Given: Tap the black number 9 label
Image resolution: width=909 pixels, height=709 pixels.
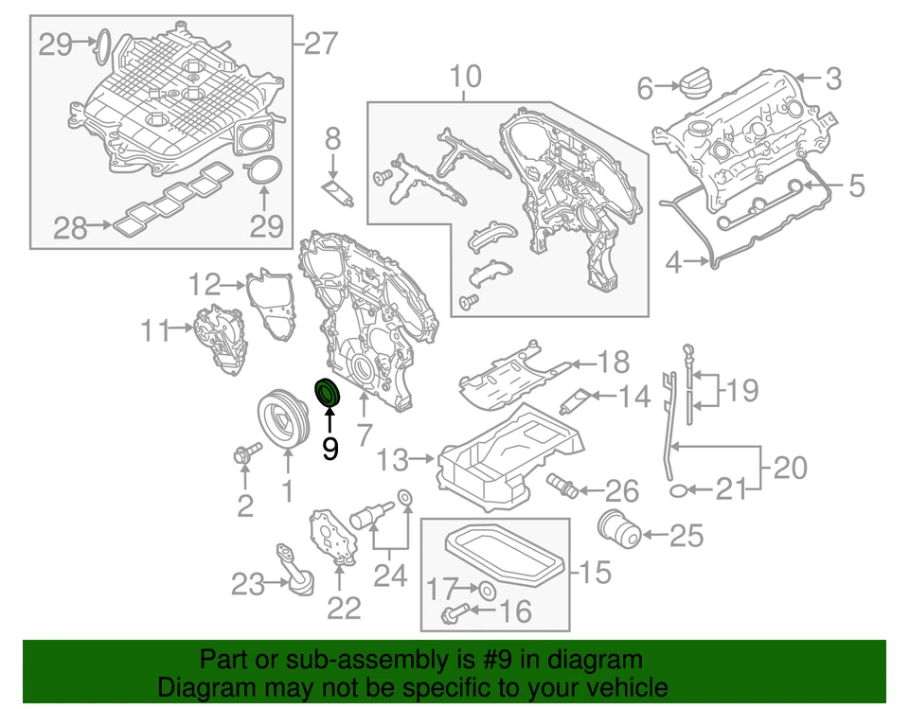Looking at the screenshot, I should (x=330, y=448).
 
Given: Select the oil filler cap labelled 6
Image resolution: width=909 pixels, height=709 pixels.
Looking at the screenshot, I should (x=693, y=84).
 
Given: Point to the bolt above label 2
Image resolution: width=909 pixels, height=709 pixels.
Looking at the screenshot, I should (x=243, y=456).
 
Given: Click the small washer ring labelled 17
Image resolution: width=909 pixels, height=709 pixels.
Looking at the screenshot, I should (x=487, y=590).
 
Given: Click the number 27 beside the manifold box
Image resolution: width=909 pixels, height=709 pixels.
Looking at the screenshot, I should (x=321, y=43).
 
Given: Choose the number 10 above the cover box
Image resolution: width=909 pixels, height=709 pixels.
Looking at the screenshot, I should (x=465, y=74).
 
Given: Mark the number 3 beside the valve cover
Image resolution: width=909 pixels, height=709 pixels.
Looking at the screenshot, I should (x=831, y=80).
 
